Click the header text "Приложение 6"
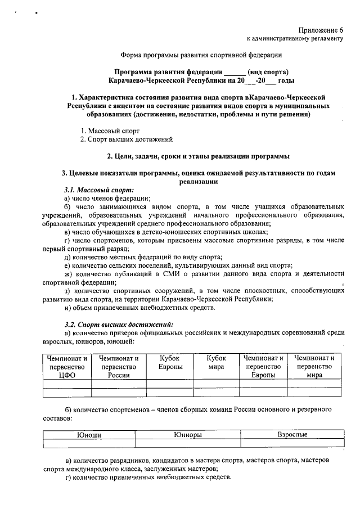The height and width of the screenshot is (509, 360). click(321, 29)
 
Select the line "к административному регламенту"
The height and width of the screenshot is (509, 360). click(295, 38)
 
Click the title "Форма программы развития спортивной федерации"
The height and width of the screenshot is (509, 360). click(201, 55)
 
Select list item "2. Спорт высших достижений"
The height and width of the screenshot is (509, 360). click(126, 139)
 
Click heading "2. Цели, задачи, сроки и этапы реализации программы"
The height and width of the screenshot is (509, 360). click(201, 156)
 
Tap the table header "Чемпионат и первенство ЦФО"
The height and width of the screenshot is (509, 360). click(67, 367)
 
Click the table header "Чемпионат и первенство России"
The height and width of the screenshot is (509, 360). click(119, 367)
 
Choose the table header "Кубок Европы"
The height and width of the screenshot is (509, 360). click(169, 362)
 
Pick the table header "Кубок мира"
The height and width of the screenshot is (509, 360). click(216, 362)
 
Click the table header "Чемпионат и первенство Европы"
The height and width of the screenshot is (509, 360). click(263, 367)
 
